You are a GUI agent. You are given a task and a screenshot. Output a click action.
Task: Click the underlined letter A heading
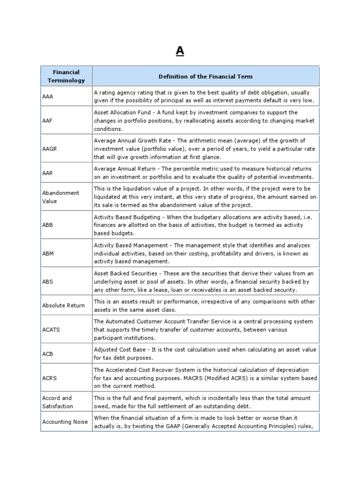click(x=180, y=52)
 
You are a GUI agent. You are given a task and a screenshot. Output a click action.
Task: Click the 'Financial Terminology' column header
click(x=66, y=76)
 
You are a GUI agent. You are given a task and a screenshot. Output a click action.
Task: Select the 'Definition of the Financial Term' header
click(x=206, y=76)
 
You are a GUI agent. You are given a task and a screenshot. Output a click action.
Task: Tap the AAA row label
click(x=47, y=97)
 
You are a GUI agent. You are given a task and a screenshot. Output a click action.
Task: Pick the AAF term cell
click(x=47, y=121)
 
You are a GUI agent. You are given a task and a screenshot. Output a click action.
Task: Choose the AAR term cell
click(x=47, y=172)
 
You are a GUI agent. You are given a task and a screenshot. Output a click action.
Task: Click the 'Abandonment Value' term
click(x=60, y=197)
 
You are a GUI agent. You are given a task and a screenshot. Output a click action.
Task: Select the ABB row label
click(x=47, y=225)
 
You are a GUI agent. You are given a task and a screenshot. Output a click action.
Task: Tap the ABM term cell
click(x=48, y=253)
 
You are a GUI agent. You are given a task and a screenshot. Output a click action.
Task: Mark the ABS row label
click(x=47, y=282)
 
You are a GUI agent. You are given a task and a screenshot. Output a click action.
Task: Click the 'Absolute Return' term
click(x=63, y=306)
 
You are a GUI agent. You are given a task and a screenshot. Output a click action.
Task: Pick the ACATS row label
click(x=51, y=330)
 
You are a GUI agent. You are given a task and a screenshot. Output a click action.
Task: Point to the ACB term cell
click(x=47, y=353)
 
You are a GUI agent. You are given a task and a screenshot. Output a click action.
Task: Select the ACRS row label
click(x=49, y=377)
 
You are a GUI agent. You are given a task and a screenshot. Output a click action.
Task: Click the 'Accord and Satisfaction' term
click(x=57, y=402)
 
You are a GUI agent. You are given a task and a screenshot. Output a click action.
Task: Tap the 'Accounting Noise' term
click(x=65, y=422)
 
